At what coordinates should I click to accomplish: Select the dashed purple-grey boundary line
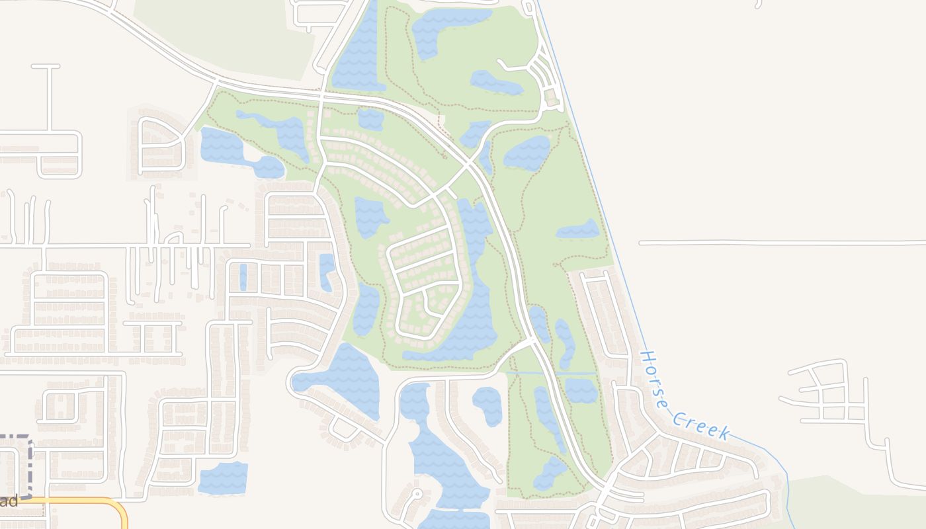[30, 463]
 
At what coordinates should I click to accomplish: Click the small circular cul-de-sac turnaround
[417, 493]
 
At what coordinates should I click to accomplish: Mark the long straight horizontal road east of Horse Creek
[780, 243]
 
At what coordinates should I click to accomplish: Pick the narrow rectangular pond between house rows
[243, 277]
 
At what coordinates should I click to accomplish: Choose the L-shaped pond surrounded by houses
[326, 271]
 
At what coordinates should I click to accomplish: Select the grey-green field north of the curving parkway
[225, 33]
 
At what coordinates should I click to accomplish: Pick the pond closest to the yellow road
[223, 477]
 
